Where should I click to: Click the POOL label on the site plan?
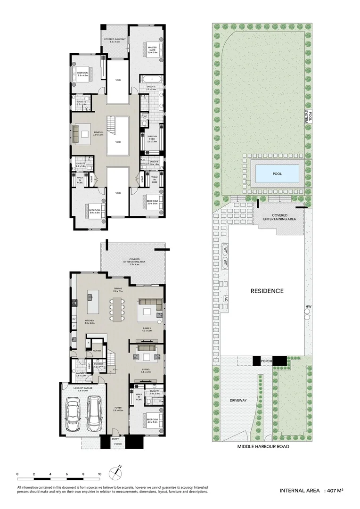click(277, 174)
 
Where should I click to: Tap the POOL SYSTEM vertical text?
click(307, 115)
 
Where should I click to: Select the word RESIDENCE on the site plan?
click(267, 291)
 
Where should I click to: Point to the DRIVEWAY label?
click(238, 400)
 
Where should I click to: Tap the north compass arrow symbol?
click(116, 472)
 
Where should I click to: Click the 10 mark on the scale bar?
click(99, 474)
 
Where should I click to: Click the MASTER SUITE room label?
click(152, 49)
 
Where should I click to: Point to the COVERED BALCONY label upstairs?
click(115, 41)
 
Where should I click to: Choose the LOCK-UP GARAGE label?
click(83, 388)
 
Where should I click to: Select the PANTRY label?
click(97, 351)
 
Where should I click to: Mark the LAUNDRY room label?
click(81, 374)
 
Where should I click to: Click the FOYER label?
click(118, 408)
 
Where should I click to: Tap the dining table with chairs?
click(116, 312)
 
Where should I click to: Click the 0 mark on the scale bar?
click(17, 474)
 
